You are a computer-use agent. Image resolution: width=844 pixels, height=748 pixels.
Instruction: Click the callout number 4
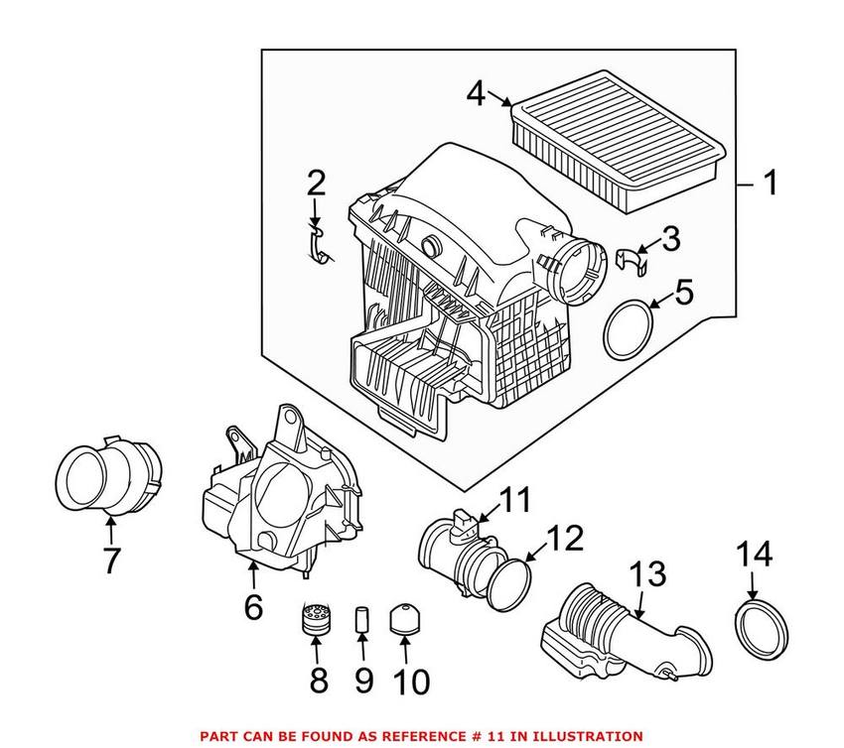(x=477, y=95)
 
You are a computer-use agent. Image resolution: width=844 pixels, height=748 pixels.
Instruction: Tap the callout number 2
(x=316, y=183)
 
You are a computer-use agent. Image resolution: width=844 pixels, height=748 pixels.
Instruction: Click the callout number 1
(x=771, y=184)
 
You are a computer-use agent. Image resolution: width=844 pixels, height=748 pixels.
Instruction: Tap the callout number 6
(x=253, y=605)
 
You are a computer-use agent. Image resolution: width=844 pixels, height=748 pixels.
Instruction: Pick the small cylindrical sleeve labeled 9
(x=362, y=623)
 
